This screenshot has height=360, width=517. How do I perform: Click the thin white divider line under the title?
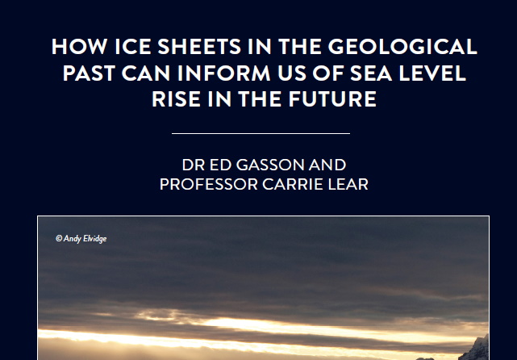(x=261, y=133)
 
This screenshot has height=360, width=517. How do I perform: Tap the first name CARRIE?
(x=301, y=185)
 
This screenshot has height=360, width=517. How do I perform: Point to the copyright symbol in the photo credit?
(x=58, y=238)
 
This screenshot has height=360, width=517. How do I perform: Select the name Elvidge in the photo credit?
(x=94, y=238)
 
